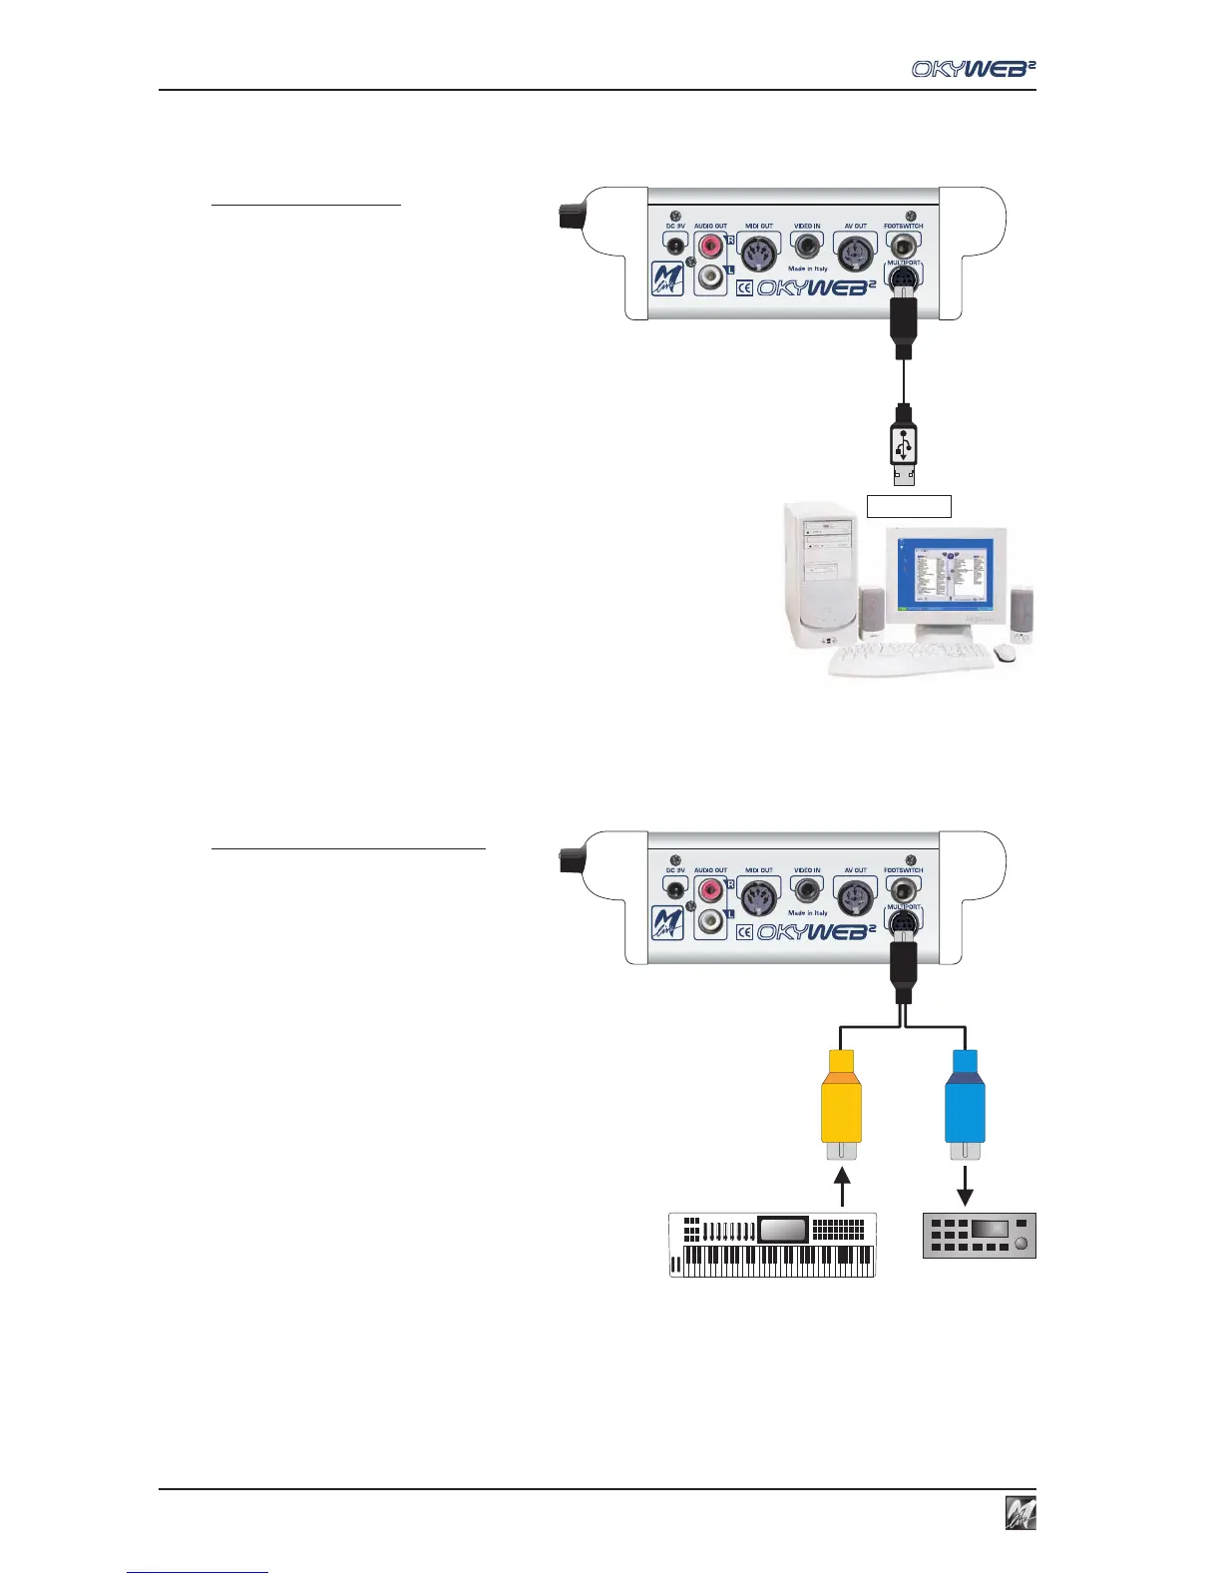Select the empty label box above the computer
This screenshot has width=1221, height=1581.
908,506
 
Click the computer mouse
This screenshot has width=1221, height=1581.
1006,652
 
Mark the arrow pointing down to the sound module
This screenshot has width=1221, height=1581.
965,1188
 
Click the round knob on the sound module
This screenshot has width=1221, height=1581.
1020,1244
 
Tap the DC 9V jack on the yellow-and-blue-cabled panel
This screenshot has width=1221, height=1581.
676,889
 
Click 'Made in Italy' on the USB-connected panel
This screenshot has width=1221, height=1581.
808,268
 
